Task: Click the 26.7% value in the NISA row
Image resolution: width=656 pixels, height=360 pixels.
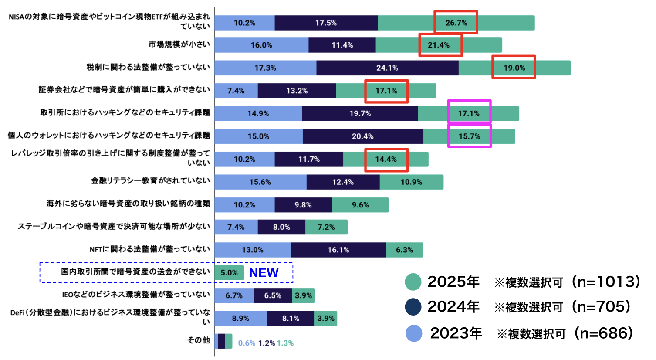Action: pyautogui.click(x=456, y=23)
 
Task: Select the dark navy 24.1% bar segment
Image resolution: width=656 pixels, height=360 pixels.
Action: pyautogui.click(x=387, y=68)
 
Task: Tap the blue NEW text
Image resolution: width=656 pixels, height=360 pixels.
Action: pyautogui.click(x=264, y=273)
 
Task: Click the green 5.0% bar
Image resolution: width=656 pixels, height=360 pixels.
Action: pyautogui.click(x=229, y=273)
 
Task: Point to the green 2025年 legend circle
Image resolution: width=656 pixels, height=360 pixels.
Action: pyautogui.click(x=413, y=282)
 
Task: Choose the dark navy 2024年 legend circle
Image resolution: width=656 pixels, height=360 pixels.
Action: pyautogui.click(x=413, y=307)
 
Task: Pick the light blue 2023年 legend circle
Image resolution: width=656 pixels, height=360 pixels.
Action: pyautogui.click(x=414, y=333)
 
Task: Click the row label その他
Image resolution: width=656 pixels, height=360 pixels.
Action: pyautogui.click(x=199, y=340)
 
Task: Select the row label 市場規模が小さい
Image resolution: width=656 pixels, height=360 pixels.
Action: pyautogui.click(x=179, y=44)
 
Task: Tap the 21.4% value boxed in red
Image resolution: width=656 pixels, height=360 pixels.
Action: pyautogui.click(x=439, y=45)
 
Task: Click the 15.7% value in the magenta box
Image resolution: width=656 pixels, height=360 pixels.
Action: pyautogui.click(x=469, y=136)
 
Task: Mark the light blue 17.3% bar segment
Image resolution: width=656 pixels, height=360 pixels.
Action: pyautogui.click(x=265, y=68)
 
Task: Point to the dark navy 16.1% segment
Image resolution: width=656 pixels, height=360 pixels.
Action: pyautogui.click(x=338, y=250)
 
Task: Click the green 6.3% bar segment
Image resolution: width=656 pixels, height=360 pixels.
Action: pyautogui.click(x=404, y=250)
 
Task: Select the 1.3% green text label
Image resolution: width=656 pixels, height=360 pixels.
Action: pyautogui.click(x=285, y=343)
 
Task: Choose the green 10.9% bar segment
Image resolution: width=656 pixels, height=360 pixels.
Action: pyautogui.click(x=411, y=182)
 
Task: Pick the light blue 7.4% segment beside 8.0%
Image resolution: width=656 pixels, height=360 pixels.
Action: pyautogui.click(x=236, y=227)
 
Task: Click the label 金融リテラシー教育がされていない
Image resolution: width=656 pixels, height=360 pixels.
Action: pyautogui.click(x=150, y=180)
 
